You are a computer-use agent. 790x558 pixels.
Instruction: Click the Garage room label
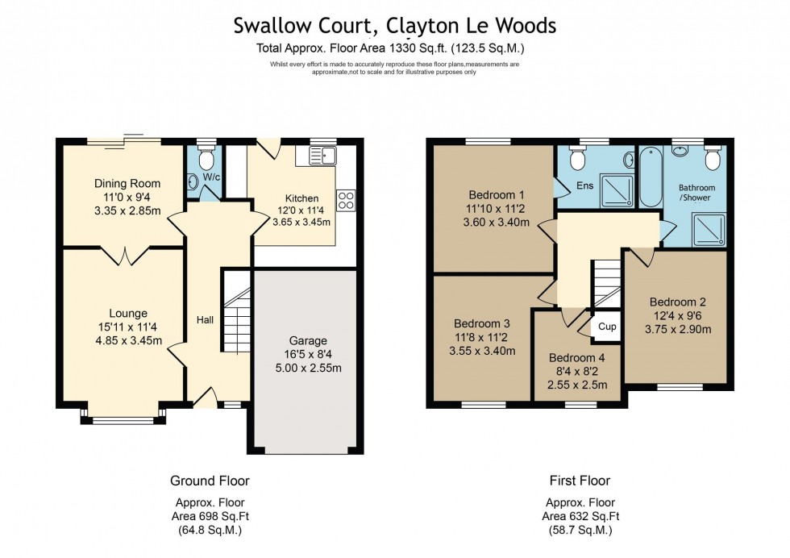tap(307, 340)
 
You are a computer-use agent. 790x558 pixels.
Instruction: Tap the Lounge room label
tap(128, 313)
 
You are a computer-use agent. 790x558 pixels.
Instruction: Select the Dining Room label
tap(127, 183)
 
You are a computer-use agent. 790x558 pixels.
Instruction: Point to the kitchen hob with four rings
tap(346, 199)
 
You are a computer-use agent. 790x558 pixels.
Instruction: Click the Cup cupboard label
tap(606, 327)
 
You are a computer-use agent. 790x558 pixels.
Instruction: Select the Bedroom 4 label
tap(577, 358)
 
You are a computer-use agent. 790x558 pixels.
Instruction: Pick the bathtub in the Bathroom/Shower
tap(650, 177)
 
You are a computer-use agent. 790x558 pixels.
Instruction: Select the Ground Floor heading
tap(210, 481)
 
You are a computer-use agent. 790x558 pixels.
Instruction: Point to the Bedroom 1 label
tap(497, 194)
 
